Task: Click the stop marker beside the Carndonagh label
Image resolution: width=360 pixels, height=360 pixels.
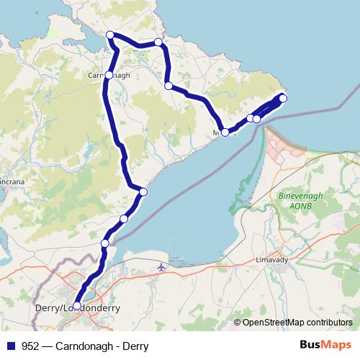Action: point(109,75)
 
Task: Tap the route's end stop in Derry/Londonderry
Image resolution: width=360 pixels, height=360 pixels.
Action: point(77,306)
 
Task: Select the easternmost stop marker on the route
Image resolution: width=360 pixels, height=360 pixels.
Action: point(283,98)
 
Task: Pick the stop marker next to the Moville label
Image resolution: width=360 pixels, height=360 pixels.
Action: point(225,132)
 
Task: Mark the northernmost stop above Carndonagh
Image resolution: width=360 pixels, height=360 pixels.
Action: point(110,35)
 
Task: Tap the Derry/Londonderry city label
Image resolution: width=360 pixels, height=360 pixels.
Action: point(77,307)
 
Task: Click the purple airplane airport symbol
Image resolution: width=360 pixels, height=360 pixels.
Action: point(161,266)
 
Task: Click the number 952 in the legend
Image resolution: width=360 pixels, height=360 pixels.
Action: point(30,346)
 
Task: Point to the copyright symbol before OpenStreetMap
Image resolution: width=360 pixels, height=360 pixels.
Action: point(238,323)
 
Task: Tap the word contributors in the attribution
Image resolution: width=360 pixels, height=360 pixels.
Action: point(328,323)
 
